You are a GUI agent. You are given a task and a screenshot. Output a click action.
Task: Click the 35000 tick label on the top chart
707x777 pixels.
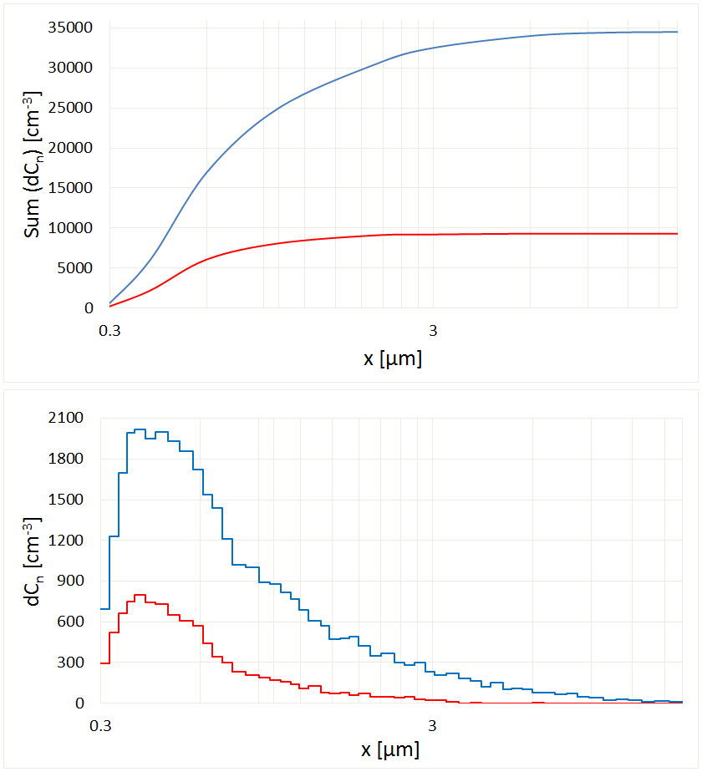click(x=69, y=28)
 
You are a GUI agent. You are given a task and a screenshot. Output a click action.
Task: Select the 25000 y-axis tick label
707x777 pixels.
click(x=69, y=109)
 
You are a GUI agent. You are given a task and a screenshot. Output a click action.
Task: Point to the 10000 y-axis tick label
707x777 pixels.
click(x=69, y=228)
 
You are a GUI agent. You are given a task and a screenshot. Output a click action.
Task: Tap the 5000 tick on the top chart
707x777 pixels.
click(x=74, y=268)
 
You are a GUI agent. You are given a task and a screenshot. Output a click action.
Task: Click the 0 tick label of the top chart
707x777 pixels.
click(x=88, y=308)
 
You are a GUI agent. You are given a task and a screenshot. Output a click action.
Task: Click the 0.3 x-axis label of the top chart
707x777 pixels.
click(x=109, y=329)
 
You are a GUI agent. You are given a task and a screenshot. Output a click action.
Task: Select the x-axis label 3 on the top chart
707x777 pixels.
click(x=433, y=329)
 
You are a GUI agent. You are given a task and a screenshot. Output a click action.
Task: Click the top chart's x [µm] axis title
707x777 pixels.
click(x=392, y=360)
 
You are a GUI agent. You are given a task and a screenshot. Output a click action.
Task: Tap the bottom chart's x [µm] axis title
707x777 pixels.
click(x=390, y=750)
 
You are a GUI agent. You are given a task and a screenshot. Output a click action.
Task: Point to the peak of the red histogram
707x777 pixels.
click(x=140, y=595)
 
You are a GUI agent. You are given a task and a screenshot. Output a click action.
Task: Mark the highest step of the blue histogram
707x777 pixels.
click(x=140, y=429)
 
